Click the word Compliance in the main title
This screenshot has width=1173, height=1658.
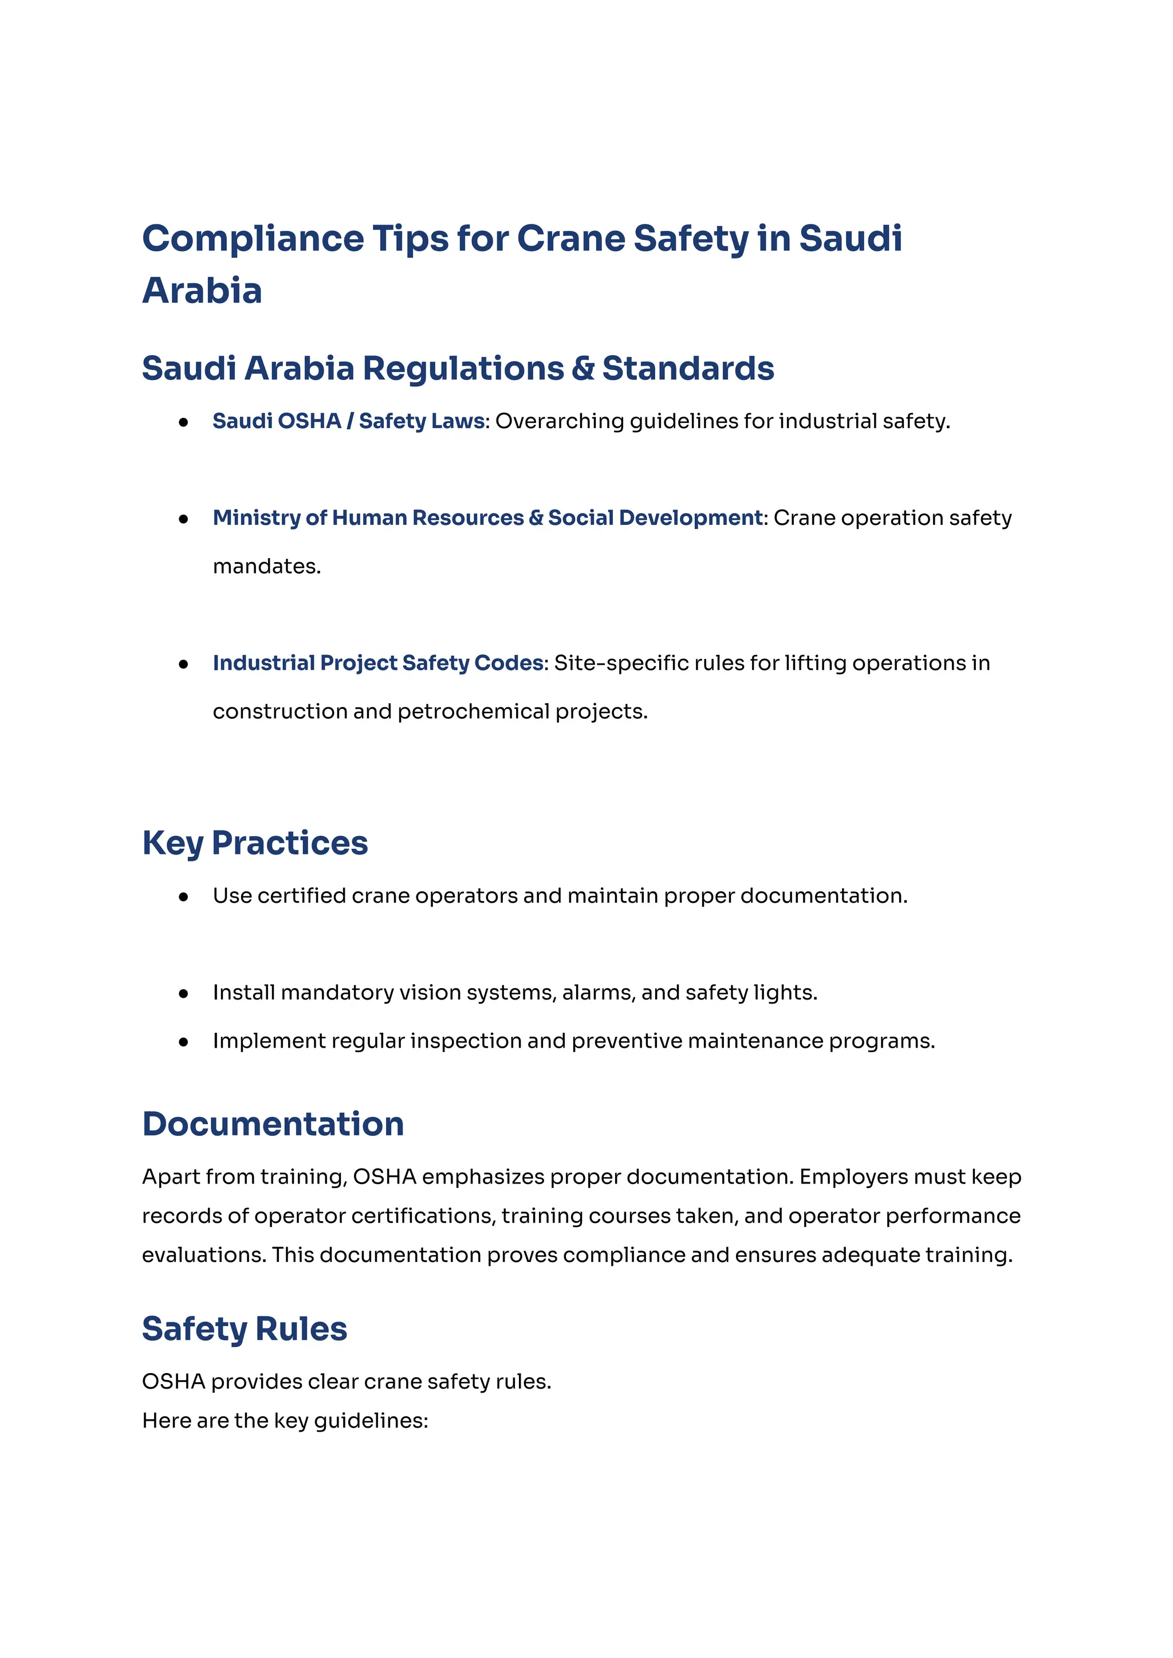[253, 239]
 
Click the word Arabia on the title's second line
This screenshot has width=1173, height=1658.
[202, 291]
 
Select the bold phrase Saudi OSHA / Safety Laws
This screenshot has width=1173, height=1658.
[348, 421]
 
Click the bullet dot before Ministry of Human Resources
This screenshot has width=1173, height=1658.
[183, 519]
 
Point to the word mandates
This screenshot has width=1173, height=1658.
[266, 567]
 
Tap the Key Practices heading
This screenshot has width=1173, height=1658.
[255, 842]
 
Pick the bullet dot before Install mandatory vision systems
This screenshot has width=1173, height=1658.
[183, 994]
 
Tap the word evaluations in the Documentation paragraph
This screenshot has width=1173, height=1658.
[204, 1256]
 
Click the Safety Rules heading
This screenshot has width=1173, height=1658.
[244, 1329]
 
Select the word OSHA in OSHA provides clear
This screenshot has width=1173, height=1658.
[174, 1382]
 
